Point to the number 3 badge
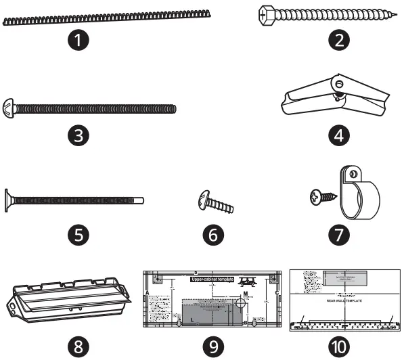click(x=79, y=135)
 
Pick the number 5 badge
click(x=79, y=235)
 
